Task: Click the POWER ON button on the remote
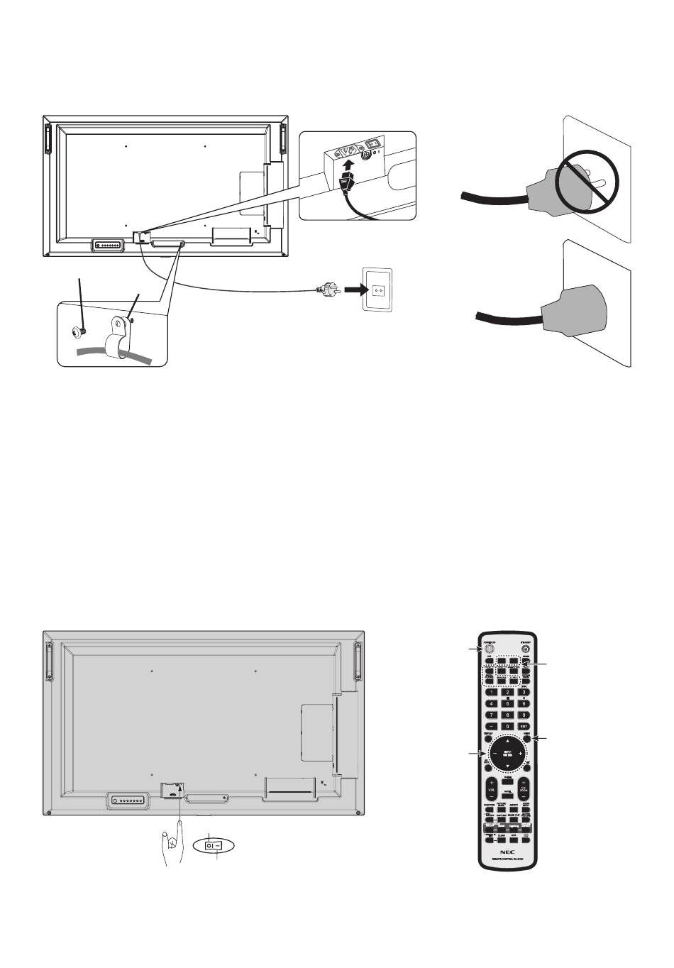[x=489, y=648]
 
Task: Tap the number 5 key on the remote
[x=507, y=704]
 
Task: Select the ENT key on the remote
[x=524, y=726]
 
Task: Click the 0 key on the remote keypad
[x=507, y=726]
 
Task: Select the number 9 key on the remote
[x=524, y=715]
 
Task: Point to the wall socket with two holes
[x=377, y=290]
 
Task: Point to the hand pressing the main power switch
[x=172, y=843]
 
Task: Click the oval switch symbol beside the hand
[x=214, y=846]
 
